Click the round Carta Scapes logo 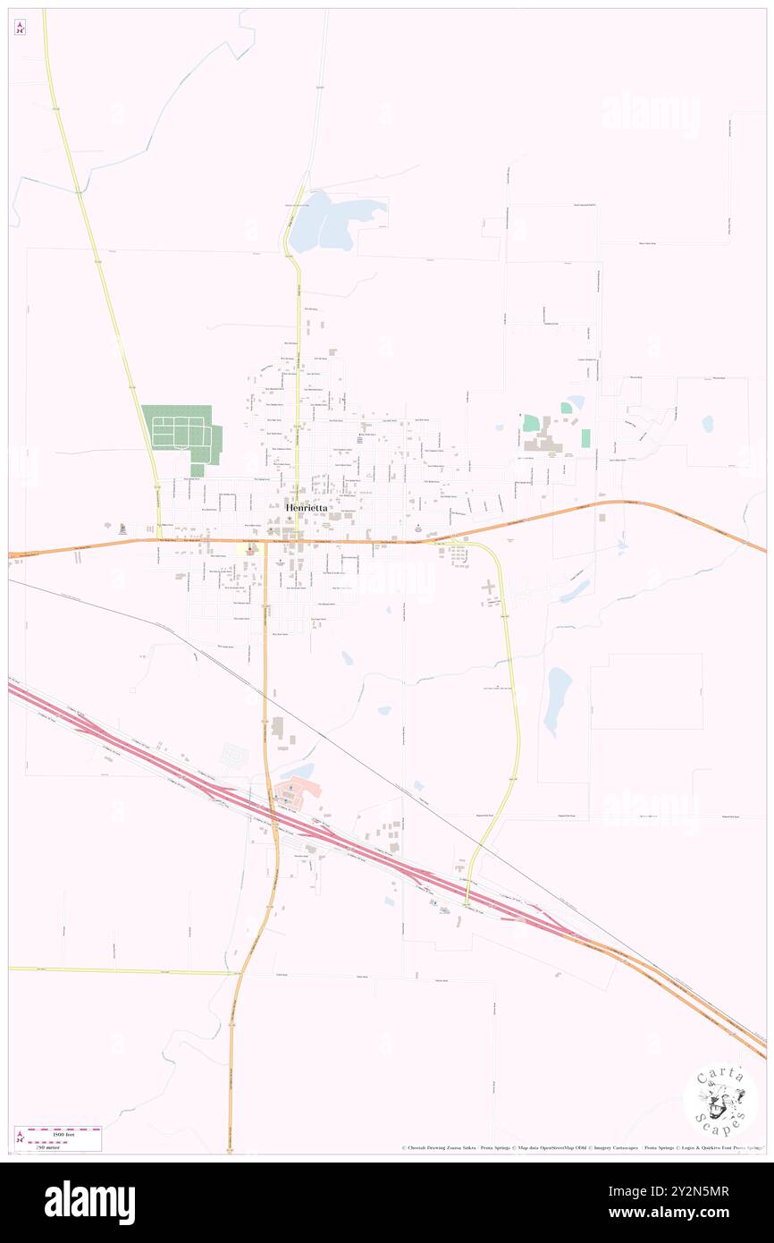[x=720, y=1101]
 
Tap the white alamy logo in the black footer [x=89, y=1203]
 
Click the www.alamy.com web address [x=688, y=1213]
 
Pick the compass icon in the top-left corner [x=20, y=28]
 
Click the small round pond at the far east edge [x=708, y=423]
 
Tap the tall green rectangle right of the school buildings [x=585, y=438]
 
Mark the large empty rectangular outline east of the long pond [x=645, y=691]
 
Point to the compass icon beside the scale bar [x=20, y=1137]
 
